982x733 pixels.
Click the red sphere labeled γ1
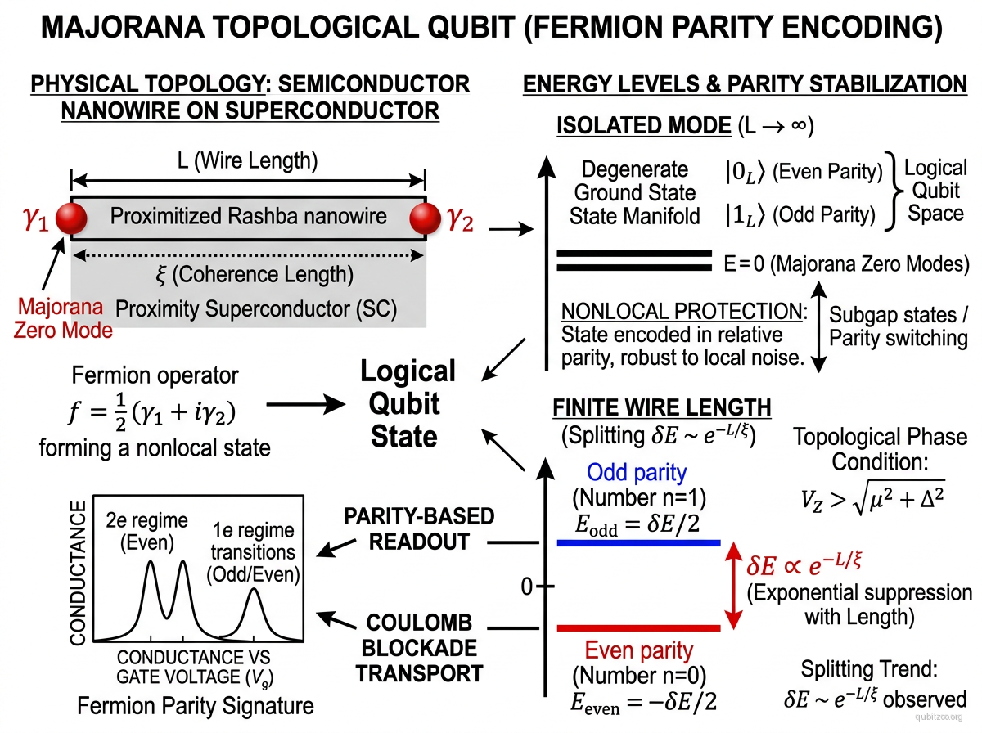coord(71,218)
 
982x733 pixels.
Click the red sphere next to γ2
coord(426,218)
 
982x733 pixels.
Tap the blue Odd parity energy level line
coord(637,542)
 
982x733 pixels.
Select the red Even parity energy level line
coord(637,627)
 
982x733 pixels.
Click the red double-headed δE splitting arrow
coord(735,586)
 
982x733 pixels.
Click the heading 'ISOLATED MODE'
coord(642,126)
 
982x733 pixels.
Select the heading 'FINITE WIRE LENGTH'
coord(661,407)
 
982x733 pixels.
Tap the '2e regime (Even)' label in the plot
coord(147,531)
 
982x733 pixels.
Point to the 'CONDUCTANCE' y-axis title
coord(78,574)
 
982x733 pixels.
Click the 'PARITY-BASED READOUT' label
coord(418,528)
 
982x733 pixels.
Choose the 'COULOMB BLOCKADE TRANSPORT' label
coord(418,648)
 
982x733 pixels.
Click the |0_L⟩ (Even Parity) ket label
coord(803,172)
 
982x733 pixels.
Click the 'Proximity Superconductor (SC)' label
coord(256,309)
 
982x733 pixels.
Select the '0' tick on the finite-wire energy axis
coord(528,586)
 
